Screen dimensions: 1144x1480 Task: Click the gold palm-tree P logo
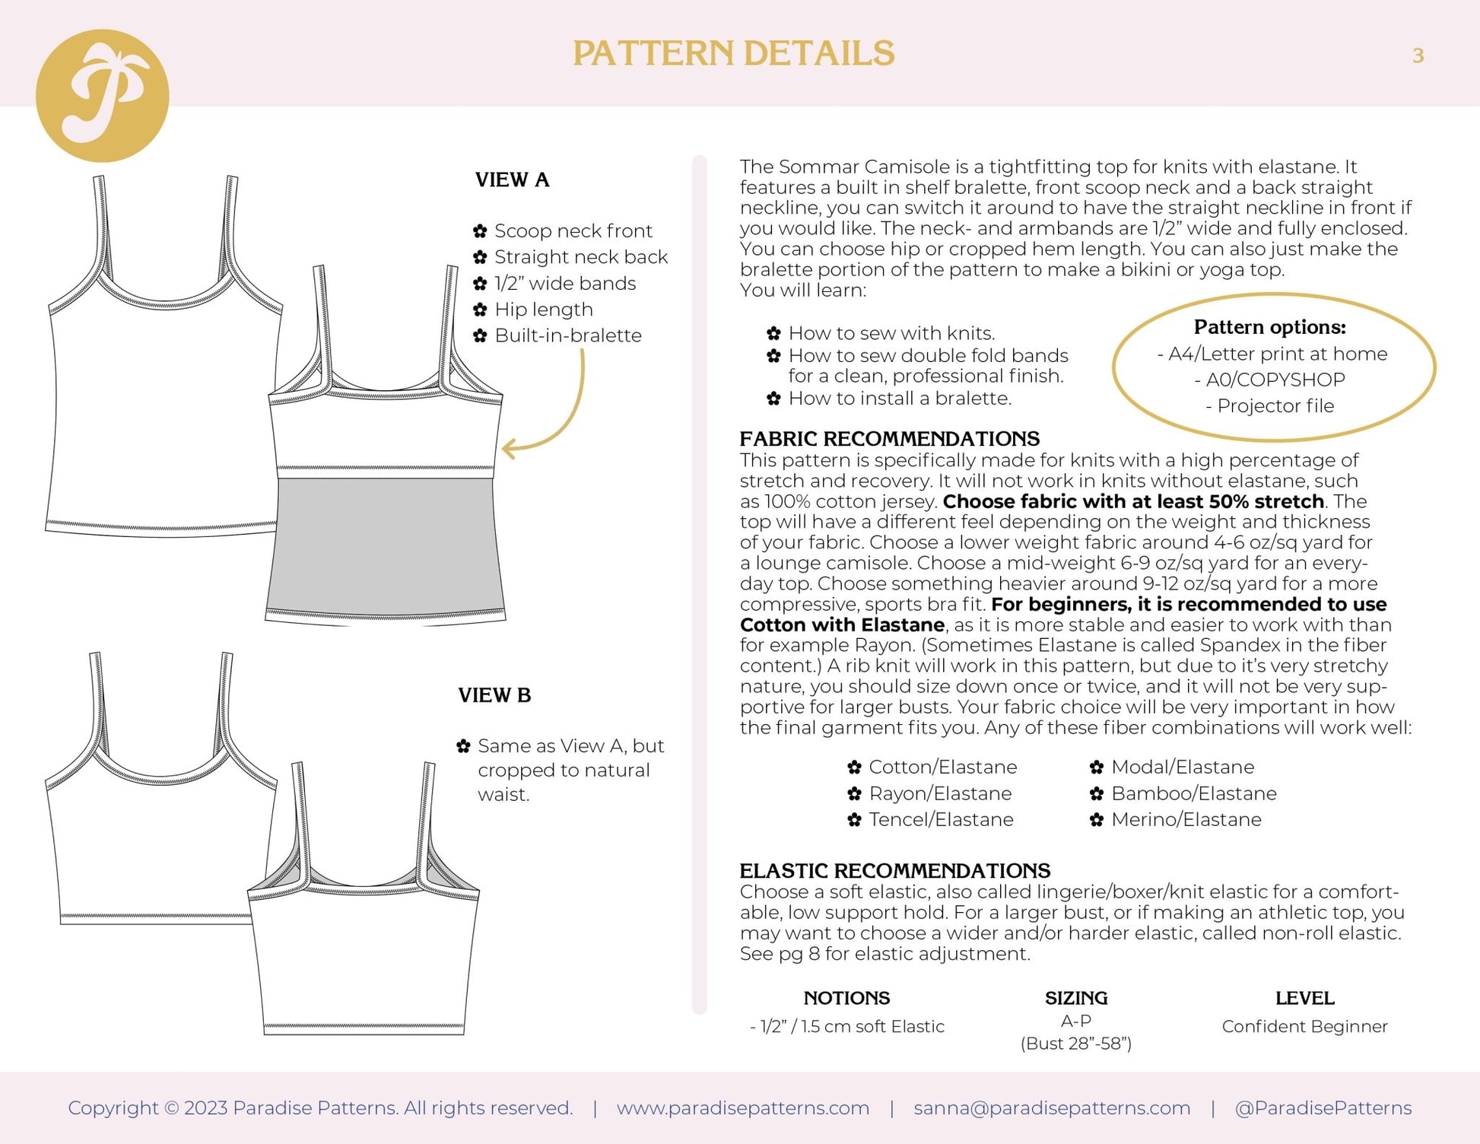[x=102, y=96]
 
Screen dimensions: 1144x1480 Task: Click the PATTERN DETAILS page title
[x=733, y=53]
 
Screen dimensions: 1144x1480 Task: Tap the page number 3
[x=1418, y=56]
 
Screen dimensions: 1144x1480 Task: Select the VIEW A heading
[x=512, y=180]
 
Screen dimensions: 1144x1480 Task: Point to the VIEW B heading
[x=494, y=695]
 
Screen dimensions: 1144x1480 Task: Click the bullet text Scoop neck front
[x=573, y=230]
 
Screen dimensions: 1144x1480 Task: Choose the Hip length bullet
[x=543, y=310]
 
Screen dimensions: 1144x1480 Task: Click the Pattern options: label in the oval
[x=1269, y=327]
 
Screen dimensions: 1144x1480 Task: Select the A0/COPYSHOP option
[x=1275, y=380]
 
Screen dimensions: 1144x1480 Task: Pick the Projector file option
[x=1275, y=406]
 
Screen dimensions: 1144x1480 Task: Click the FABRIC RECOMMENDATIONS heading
[x=889, y=439]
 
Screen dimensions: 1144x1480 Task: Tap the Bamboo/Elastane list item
[x=1193, y=793]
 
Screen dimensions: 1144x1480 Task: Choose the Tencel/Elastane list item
[x=941, y=819]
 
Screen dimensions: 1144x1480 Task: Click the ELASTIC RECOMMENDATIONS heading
[x=894, y=871]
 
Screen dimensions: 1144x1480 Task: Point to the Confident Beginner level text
[x=1304, y=1027]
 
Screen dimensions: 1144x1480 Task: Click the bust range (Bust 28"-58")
[x=1075, y=1044]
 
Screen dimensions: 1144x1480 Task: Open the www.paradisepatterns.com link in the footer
[x=742, y=1108]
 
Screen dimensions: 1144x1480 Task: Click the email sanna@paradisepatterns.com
[x=1052, y=1108]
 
